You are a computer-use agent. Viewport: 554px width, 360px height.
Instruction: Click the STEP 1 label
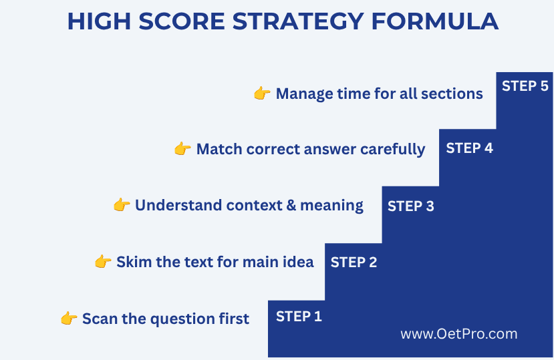click(x=299, y=316)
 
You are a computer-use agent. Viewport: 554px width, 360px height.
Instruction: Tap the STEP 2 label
click(x=354, y=262)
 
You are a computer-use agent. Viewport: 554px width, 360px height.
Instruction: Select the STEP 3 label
click(x=410, y=206)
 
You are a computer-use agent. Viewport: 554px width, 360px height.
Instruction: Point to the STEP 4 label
click(x=469, y=148)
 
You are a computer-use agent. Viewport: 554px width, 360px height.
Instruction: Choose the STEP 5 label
click(x=525, y=86)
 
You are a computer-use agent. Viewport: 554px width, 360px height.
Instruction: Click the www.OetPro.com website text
click(x=459, y=334)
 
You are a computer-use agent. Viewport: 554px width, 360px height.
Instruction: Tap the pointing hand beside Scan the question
click(x=69, y=318)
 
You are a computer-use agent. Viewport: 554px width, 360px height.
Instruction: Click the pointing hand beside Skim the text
click(x=103, y=261)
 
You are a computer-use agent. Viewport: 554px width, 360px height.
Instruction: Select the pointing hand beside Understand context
click(x=122, y=204)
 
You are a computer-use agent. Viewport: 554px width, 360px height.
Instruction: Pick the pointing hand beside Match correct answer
click(x=182, y=148)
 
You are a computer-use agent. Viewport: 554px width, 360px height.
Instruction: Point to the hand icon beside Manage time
click(x=262, y=93)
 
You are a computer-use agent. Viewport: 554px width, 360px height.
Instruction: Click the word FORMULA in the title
click(x=435, y=21)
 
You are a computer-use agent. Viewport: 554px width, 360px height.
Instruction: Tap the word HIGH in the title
click(x=99, y=21)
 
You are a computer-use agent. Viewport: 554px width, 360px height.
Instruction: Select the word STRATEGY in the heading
click(x=298, y=21)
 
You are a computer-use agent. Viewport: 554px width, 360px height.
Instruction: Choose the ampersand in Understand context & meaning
click(x=291, y=205)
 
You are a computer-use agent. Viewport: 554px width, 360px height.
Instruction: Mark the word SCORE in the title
click(x=182, y=21)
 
